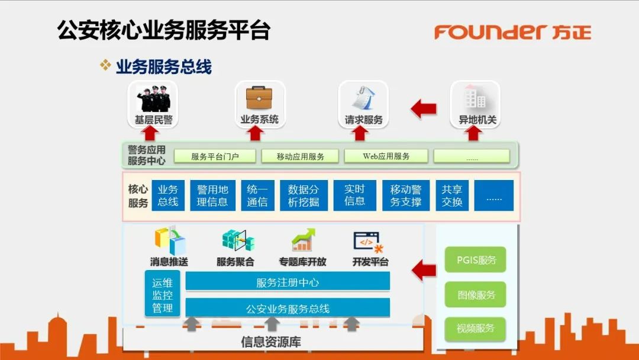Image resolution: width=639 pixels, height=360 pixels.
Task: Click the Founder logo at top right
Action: pos(512,31)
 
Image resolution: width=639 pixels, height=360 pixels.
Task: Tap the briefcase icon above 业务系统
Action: pos(259,98)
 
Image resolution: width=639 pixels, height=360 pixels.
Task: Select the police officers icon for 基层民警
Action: pos(153,99)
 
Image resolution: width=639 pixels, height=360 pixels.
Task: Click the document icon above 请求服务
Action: pos(363,98)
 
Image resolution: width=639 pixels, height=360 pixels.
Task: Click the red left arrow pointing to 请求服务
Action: pos(424,109)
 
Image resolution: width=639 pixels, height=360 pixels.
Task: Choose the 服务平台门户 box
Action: pos(215,156)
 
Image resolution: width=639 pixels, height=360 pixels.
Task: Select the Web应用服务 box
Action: pos(386,156)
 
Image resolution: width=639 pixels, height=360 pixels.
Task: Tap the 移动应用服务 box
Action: pos(301,156)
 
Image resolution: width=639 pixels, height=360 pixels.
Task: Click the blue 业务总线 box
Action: pos(168,195)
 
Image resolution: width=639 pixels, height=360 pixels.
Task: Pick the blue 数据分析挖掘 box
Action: pos(304,195)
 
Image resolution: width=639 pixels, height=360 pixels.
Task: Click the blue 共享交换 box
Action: pos(451,195)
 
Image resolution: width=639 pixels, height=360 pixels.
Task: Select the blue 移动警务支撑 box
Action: pos(405,195)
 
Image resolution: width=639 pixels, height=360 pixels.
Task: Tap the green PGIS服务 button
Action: pos(476,260)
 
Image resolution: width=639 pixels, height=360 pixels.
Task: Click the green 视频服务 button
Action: pos(476,328)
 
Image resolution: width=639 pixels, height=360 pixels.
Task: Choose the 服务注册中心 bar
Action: pos(288,282)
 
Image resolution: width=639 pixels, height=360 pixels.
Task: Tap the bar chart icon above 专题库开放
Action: pos(302,240)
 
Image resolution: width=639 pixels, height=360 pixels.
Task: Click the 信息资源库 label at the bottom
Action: pos(272,342)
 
